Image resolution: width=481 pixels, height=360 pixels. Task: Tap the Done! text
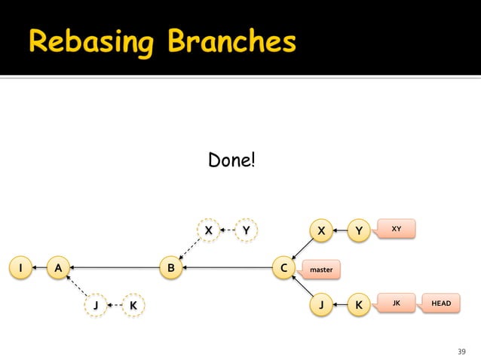(231, 160)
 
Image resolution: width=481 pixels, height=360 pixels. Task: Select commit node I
(20, 267)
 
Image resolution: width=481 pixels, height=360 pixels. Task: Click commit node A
(57, 267)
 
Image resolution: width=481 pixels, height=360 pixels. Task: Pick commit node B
(171, 267)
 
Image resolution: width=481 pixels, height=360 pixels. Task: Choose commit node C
(283, 267)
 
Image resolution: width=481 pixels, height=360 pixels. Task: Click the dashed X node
(208, 230)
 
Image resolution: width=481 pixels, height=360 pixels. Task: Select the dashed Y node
(245, 230)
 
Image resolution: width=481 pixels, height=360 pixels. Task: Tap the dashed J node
(95, 305)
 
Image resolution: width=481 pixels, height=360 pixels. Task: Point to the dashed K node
(133, 305)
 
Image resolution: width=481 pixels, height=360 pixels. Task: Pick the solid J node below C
(322, 305)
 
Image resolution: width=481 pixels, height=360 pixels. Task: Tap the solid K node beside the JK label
(359, 305)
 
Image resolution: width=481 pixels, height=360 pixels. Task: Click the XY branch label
(397, 227)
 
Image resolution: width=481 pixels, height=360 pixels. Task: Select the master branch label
(321, 268)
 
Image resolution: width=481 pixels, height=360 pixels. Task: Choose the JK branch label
(397, 303)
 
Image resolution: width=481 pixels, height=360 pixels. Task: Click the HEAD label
(441, 303)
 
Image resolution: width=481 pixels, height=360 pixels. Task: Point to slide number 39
(462, 352)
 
